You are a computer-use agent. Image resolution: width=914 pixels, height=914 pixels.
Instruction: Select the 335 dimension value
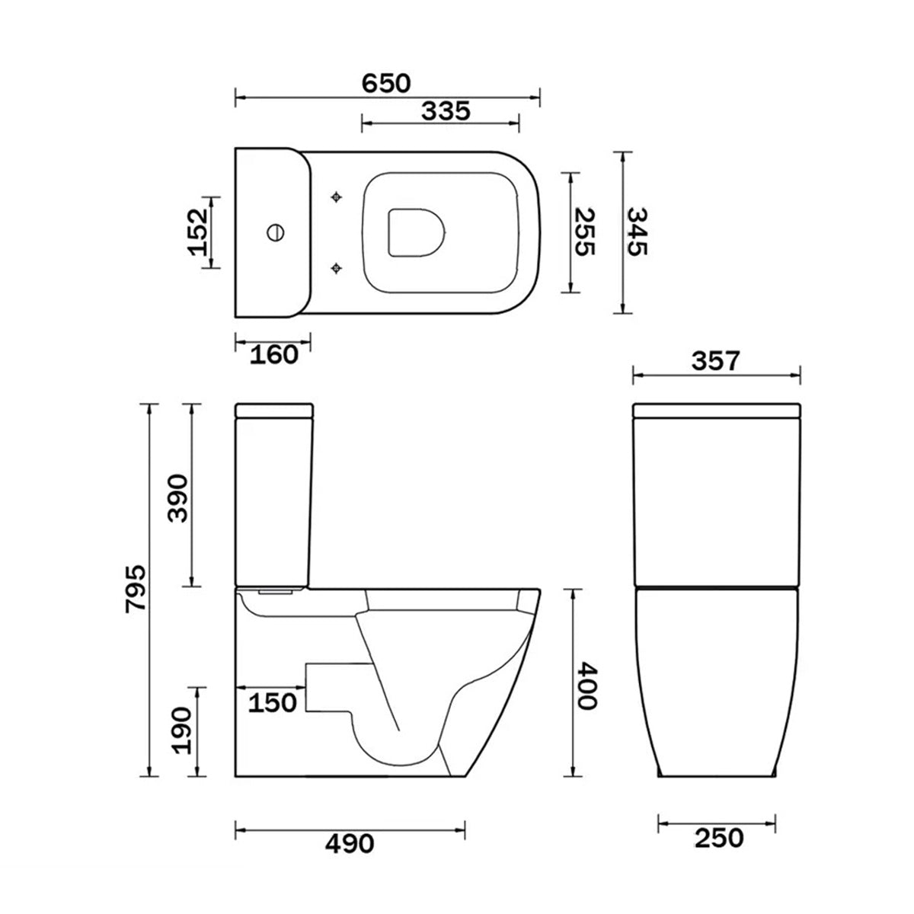pos(446,110)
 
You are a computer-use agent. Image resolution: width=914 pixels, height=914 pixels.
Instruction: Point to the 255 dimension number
pos(585,232)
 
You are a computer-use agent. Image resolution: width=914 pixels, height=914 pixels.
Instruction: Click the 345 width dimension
pos(637,232)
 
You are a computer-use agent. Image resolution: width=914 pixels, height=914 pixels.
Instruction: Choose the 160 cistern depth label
pos(274,354)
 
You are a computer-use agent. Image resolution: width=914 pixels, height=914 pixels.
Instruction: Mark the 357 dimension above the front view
pos(715,360)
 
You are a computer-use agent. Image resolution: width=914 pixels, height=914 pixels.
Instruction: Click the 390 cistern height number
pos(177,497)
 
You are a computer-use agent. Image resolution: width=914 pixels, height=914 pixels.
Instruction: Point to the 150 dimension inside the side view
pos(273,702)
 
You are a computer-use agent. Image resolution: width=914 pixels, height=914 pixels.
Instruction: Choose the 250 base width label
pos(718,838)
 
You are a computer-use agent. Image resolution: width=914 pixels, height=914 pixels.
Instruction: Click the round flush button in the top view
pos(274,231)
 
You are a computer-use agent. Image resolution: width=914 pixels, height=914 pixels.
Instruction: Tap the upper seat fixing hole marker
pos(337,197)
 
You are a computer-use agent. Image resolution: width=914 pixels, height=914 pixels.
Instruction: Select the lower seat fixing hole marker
pos(337,267)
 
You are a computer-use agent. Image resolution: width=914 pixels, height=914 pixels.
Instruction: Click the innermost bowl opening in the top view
pos(415,231)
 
